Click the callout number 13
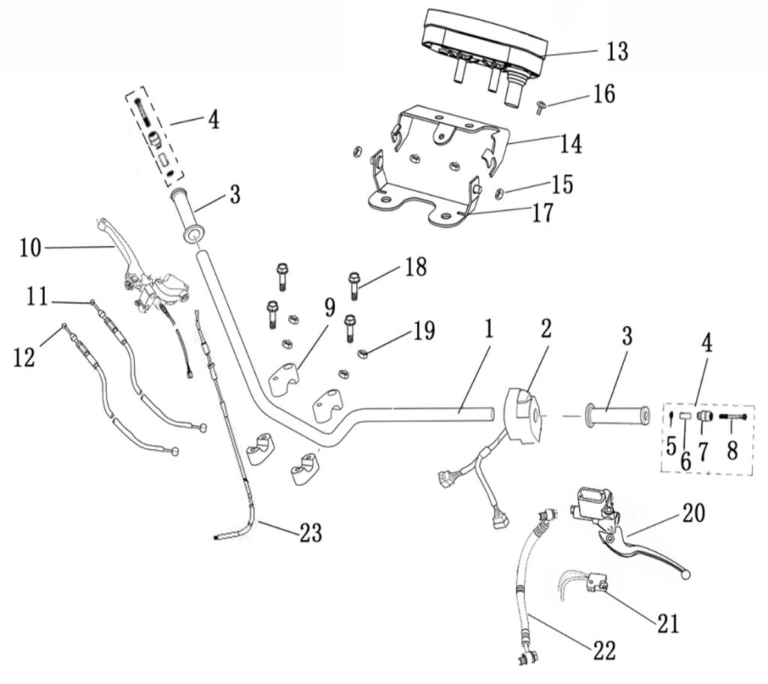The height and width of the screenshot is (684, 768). pos(616,52)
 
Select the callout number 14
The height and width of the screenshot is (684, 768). pos(571,144)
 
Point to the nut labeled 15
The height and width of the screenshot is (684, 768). pos(499,193)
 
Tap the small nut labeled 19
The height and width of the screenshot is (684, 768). pos(362,354)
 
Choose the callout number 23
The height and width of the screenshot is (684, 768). pos(310,533)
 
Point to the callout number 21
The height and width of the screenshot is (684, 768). pos(667,622)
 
